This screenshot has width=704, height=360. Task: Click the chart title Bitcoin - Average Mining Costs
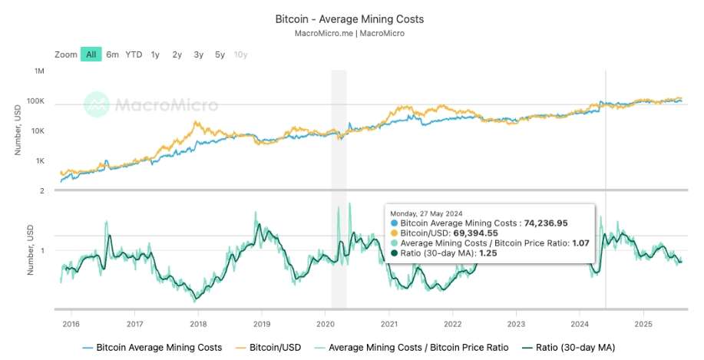tap(349, 18)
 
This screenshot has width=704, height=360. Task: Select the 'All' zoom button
tap(91, 54)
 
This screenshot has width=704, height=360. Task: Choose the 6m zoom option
tap(113, 54)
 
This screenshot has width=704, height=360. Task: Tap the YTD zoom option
tap(134, 54)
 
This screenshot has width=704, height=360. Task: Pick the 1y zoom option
tap(155, 54)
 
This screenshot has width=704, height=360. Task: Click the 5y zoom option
tap(220, 54)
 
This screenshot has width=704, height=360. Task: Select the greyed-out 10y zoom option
tap(240, 54)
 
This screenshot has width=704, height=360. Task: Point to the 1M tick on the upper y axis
tap(40, 71)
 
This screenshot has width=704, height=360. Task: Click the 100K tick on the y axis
tap(37, 101)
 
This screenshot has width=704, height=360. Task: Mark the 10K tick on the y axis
tap(38, 131)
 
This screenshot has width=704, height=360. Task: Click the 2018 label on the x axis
tap(198, 324)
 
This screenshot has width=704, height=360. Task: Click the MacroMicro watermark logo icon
tap(97, 104)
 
